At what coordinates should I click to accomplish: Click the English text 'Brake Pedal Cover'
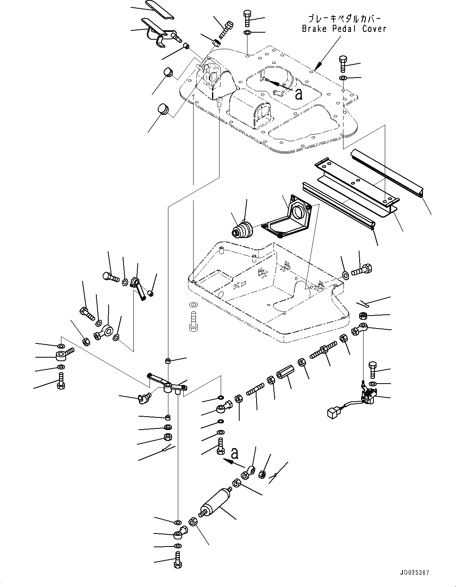pos(344,29)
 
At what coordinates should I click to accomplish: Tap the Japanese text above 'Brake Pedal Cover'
pos(344,18)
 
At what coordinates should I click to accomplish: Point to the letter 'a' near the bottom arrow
pos(235,454)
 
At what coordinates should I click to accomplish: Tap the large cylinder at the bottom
pos(216,504)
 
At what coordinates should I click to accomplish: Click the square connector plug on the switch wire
pos(333,413)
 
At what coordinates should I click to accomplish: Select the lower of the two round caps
pos(162,109)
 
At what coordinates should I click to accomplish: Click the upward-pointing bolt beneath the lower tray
pos(193,319)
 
